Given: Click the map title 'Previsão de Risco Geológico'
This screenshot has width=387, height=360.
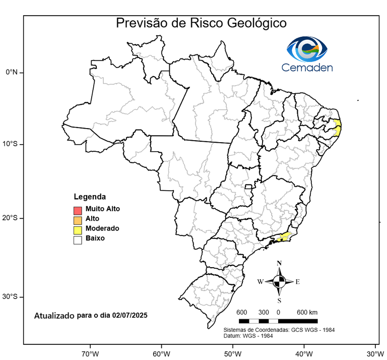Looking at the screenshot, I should (x=201, y=23).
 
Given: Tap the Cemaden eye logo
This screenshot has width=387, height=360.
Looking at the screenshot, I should (x=307, y=48).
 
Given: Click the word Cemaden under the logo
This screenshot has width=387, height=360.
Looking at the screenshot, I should (x=307, y=67).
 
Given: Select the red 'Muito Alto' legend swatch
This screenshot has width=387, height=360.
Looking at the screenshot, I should (x=77, y=210).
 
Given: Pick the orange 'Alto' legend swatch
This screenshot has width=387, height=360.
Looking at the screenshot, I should (x=77, y=220).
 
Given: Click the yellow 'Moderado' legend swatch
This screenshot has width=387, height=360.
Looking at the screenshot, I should (x=77, y=230).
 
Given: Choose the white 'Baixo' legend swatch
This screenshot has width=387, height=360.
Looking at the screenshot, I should (x=77, y=240).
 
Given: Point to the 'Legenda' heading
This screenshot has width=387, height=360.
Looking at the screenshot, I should (x=90, y=197).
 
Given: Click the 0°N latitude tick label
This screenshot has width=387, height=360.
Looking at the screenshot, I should (x=12, y=72).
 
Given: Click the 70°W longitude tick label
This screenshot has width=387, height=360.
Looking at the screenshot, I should (x=90, y=353).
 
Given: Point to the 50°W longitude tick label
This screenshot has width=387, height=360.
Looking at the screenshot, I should (x=232, y=353).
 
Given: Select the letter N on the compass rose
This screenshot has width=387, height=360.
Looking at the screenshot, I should (x=279, y=263).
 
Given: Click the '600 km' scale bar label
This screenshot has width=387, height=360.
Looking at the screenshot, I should (x=307, y=312).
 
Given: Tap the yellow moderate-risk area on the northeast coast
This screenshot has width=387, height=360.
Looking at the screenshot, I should (x=338, y=127).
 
